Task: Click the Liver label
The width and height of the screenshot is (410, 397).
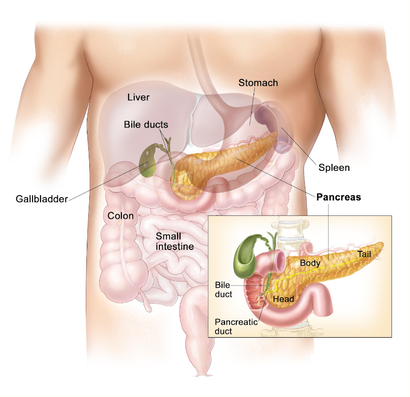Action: point(138,97)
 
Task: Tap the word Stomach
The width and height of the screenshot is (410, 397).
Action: point(258,82)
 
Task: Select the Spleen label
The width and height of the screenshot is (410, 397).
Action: point(334,168)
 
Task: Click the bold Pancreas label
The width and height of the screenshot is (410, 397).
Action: point(338,197)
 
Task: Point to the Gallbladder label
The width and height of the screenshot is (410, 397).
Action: point(42,199)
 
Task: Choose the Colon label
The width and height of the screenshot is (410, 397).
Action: point(120,216)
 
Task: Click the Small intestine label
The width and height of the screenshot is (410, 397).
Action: point(175,241)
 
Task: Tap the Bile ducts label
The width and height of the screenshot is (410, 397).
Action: point(146,124)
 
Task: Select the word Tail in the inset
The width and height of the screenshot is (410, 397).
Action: point(364,254)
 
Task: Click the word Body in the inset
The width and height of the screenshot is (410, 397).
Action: point(310,263)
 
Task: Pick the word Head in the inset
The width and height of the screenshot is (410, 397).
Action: point(283,299)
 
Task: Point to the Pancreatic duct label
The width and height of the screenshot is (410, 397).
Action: point(236,326)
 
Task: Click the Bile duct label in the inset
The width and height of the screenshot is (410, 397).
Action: point(224,289)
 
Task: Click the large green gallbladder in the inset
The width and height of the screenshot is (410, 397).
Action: point(245,257)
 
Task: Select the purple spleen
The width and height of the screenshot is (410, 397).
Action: point(272,123)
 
